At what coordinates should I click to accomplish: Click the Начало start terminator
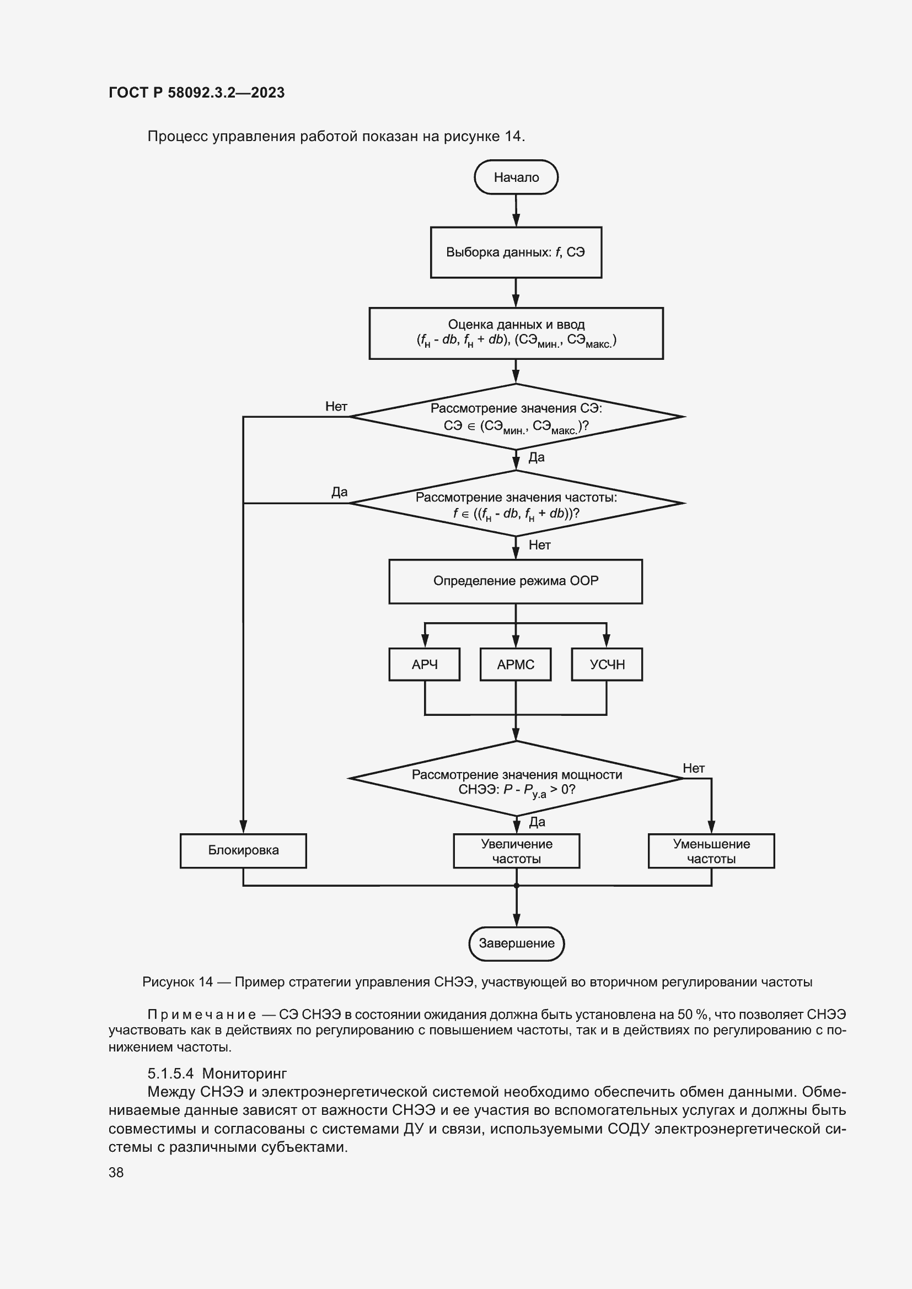[x=516, y=177]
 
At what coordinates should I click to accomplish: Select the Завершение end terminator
[x=516, y=943]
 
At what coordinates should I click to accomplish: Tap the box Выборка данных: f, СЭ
[x=516, y=252]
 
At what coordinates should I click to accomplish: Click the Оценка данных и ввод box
[x=516, y=333]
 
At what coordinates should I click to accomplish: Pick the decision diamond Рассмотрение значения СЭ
[x=516, y=417]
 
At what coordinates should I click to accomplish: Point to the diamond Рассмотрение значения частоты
[x=516, y=504]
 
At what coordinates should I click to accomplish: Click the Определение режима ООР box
[x=516, y=581]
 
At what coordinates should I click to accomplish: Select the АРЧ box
[x=424, y=665]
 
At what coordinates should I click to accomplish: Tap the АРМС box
[x=516, y=665]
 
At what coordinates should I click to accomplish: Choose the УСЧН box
[x=607, y=665]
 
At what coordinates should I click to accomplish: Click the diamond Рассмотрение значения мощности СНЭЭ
[x=516, y=779]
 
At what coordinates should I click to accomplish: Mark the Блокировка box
[x=243, y=850]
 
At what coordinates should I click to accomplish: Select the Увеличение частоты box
[x=516, y=851]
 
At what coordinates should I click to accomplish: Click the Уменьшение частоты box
[x=711, y=851]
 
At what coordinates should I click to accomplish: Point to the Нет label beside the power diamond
[x=694, y=768]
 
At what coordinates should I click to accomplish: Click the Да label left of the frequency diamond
[x=339, y=492]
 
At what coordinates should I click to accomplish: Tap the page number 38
[x=116, y=1172]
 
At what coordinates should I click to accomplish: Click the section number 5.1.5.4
[x=170, y=1074]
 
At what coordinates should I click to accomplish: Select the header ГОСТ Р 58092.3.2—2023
[x=196, y=93]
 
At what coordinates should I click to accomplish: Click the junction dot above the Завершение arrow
[x=516, y=886]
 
